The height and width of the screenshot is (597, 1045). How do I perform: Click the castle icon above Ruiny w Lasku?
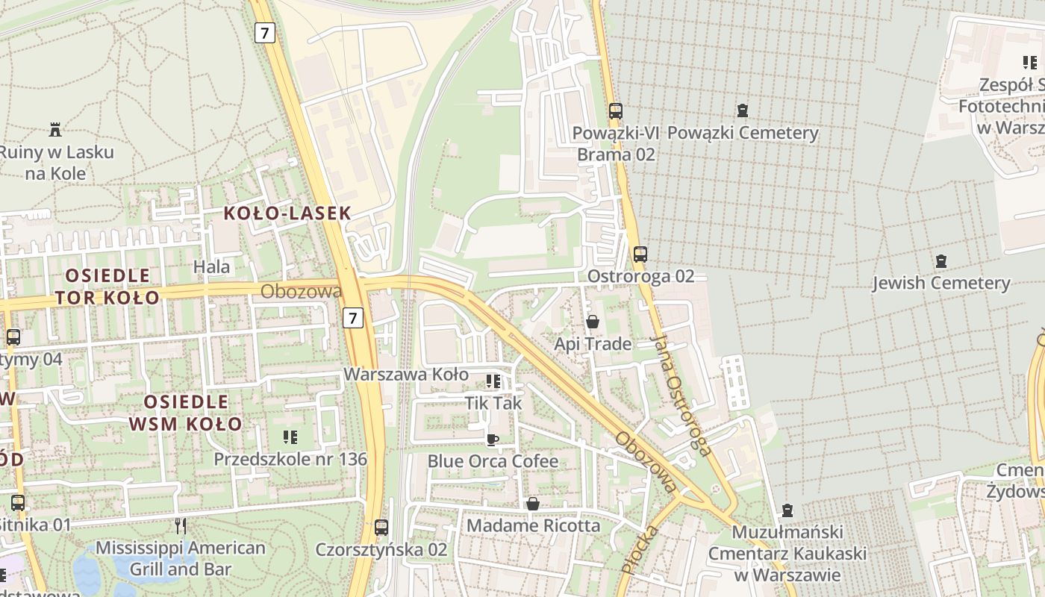[54, 130]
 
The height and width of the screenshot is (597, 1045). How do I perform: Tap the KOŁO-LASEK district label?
[287, 213]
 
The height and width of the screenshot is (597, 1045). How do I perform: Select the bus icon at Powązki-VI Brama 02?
[616, 111]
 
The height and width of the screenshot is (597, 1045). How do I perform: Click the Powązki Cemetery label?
[743, 133]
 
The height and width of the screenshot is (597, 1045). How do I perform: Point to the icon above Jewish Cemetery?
[940, 261]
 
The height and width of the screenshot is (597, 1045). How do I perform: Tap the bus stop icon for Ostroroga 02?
[640, 254]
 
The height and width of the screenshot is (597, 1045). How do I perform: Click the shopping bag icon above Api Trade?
[593, 322]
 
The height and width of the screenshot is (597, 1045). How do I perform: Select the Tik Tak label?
[493, 403]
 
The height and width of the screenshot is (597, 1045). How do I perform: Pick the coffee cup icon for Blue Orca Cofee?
[493, 439]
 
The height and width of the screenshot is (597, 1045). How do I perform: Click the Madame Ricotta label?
[533, 525]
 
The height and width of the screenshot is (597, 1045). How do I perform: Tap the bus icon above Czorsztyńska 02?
[381, 528]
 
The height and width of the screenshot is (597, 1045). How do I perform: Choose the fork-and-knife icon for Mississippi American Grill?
[180, 526]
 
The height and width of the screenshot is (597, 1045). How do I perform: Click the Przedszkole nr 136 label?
[290, 459]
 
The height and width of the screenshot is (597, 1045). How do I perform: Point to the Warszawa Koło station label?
[406, 374]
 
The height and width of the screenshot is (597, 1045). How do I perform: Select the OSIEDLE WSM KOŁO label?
[185, 413]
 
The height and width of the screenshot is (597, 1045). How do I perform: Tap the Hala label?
[212, 266]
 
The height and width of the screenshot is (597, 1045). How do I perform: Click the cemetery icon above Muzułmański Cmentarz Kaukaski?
[787, 511]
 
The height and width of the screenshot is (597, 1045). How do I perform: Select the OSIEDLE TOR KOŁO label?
[107, 287]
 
